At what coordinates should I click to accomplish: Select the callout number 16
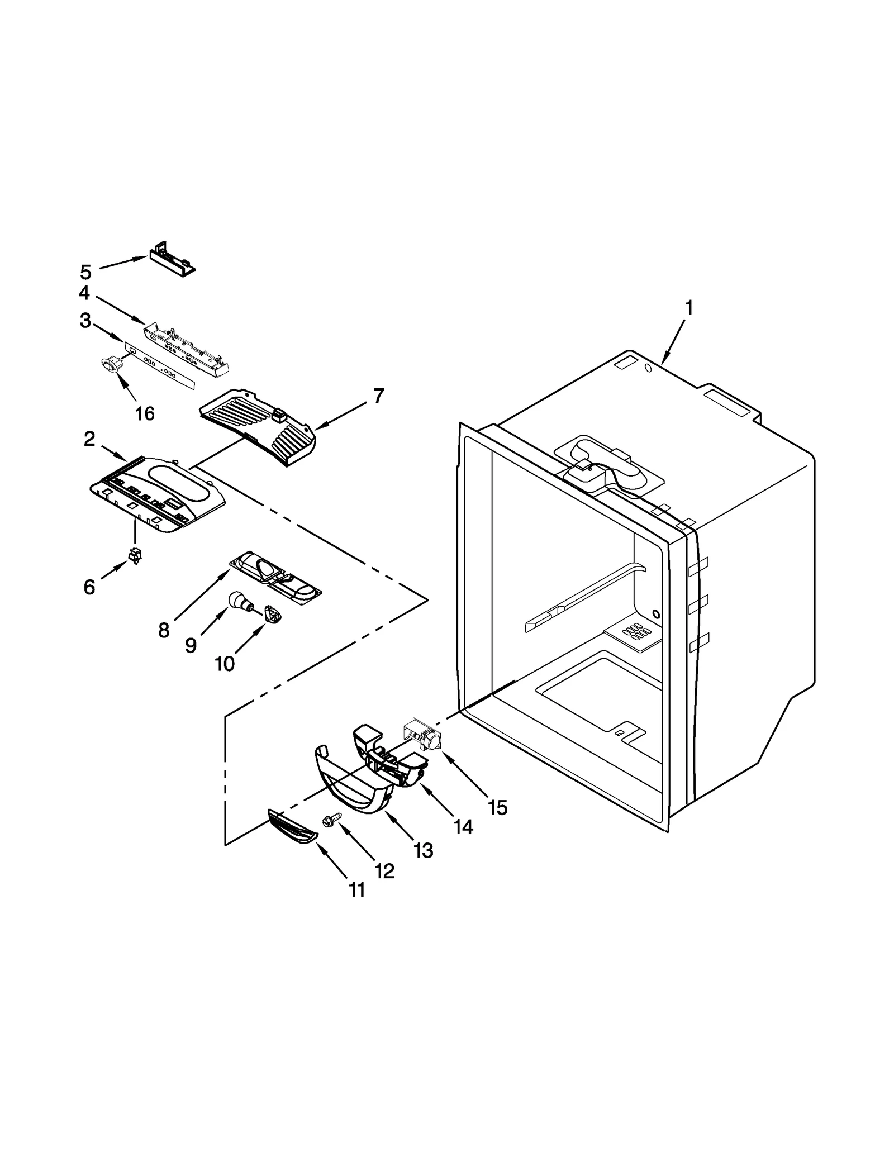tap(145, 413)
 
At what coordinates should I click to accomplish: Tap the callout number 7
tap(379, 396)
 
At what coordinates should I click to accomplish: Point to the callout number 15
tap(497, 807)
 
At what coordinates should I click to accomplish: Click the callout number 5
tap(85, 272)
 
